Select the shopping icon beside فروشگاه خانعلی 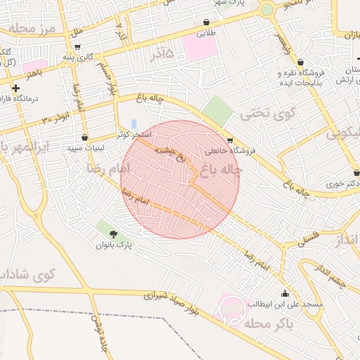tap(230, 141)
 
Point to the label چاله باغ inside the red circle tap(221, 169)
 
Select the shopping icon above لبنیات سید tap(85, 137)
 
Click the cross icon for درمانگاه tap(15, 88)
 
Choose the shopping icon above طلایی tap(206, 22)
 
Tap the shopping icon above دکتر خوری tap(356, 171)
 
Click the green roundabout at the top tap(267, 10)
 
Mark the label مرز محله tap(31, 29)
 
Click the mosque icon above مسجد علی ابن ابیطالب tap(285, 293)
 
